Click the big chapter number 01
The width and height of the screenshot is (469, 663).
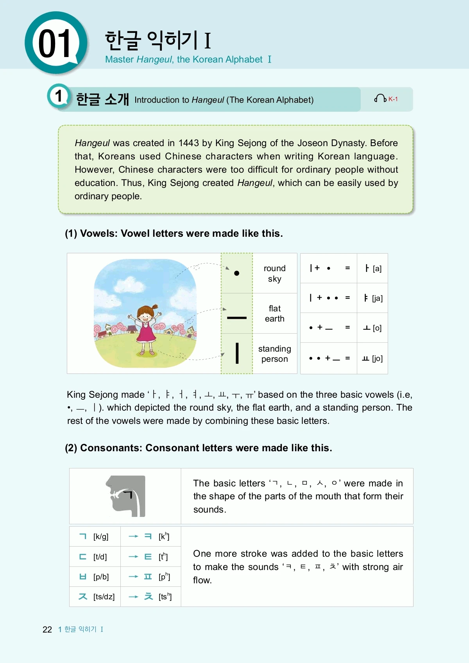pyautogui.click(x=55, y=43)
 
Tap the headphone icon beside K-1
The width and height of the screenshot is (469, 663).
pyautogui.click(x=380, y=98)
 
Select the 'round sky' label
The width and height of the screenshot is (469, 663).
pyautogui.click(x=274, y=273)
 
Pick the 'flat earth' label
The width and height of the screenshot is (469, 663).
pyautogui.click(x=274, y=314)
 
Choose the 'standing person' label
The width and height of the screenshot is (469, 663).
pyautogui.click(x=274, y=354)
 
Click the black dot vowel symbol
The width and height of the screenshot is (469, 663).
pyautogui.click(x=236, y=273)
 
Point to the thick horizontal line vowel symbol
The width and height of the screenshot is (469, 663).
pyautogui.click(x=236, y=318)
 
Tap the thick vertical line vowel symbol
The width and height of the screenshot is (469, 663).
pyautogui.click(x=237, y=353)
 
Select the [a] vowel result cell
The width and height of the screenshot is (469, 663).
pyautogui.click(x=372, y=268)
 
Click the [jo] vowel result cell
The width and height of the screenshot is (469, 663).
pyautogui.click(x=372, y=358)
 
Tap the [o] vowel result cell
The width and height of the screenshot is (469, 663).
pyautogui.click(x=372, y=328)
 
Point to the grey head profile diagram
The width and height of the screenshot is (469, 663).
pyautogui.click(x=126, y=496)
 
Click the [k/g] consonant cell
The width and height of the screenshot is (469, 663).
pyautogui.click(x=95, y=536)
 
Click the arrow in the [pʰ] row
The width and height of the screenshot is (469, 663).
pyautogui.click(x=134, y=577)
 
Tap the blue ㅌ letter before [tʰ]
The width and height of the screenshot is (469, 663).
pyautogui.click(x=148, y=557)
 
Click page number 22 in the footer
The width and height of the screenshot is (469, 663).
pyautogui.click(x=47, y=629)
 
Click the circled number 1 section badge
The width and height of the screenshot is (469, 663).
pyautogui.click(x=59, y=96)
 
